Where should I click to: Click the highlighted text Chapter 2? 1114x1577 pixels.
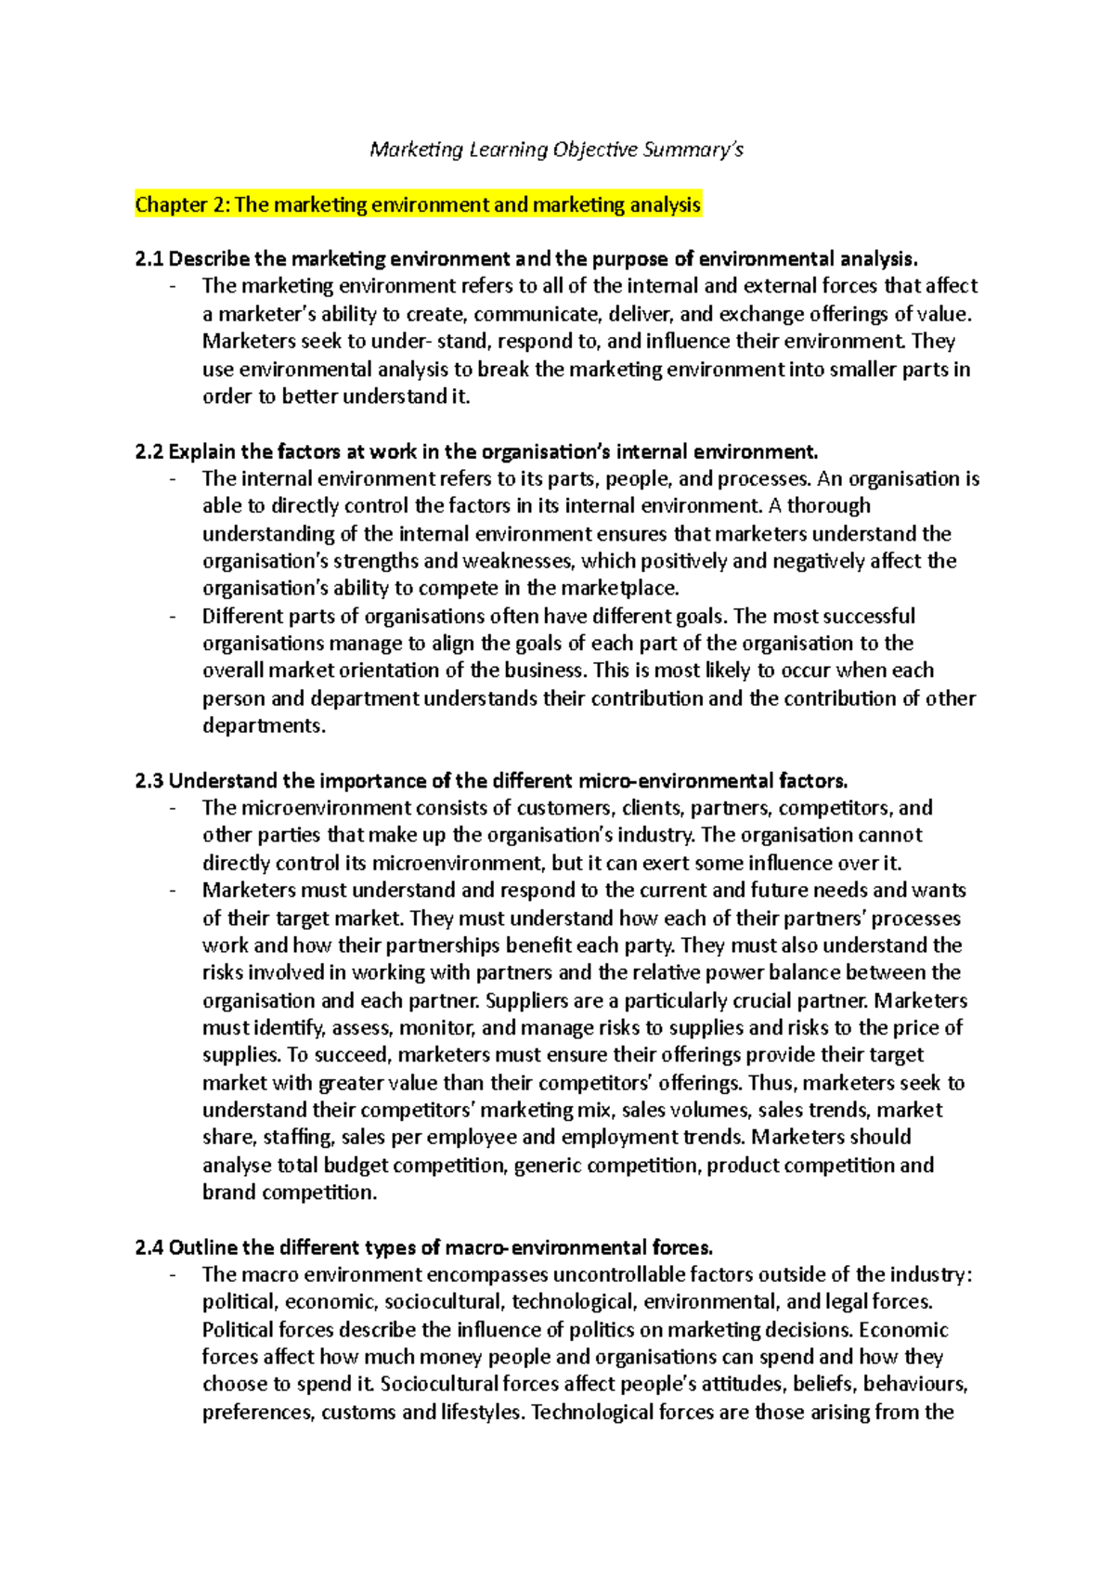coord(182,204)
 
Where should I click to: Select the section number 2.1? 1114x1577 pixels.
coord(149,259)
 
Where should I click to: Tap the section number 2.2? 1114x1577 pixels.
coord(149,452)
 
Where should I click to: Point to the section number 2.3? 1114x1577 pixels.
coord(149,781)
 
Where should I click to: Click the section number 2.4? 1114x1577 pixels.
coord(149,1248)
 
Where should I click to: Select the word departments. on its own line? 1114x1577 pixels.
coord(264,726)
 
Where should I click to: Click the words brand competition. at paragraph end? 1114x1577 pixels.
coord(290,1193)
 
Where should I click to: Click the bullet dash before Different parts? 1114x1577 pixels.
coord(173,617)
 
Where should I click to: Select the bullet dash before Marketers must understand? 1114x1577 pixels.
coord(173,891)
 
